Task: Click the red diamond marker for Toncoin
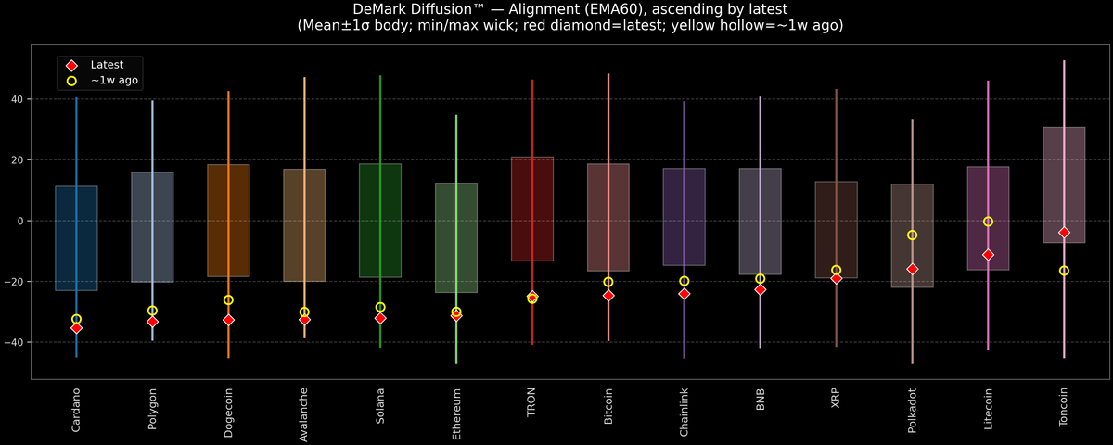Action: pyautogui.click(x=1064, y=233)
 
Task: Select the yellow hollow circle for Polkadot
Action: pyautogui.click(x=912, y=235)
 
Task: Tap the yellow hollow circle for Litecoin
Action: pyautogui.click(x=988, y=222)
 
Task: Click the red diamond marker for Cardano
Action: pyautogui.click(x=76, y=328)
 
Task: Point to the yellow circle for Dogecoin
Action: pyautogui.click(x=228, y=300)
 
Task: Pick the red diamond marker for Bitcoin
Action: pyautogui.click(x=608, y=296)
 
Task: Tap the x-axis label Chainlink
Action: pyautogui.click(x=684, y=413)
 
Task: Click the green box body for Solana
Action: pyautogui.click(x=380, y=221)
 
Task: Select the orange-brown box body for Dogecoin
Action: pyautogui.click(x=228, y=221)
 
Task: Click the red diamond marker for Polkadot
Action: pyautogui.click(x=912, y=269)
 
